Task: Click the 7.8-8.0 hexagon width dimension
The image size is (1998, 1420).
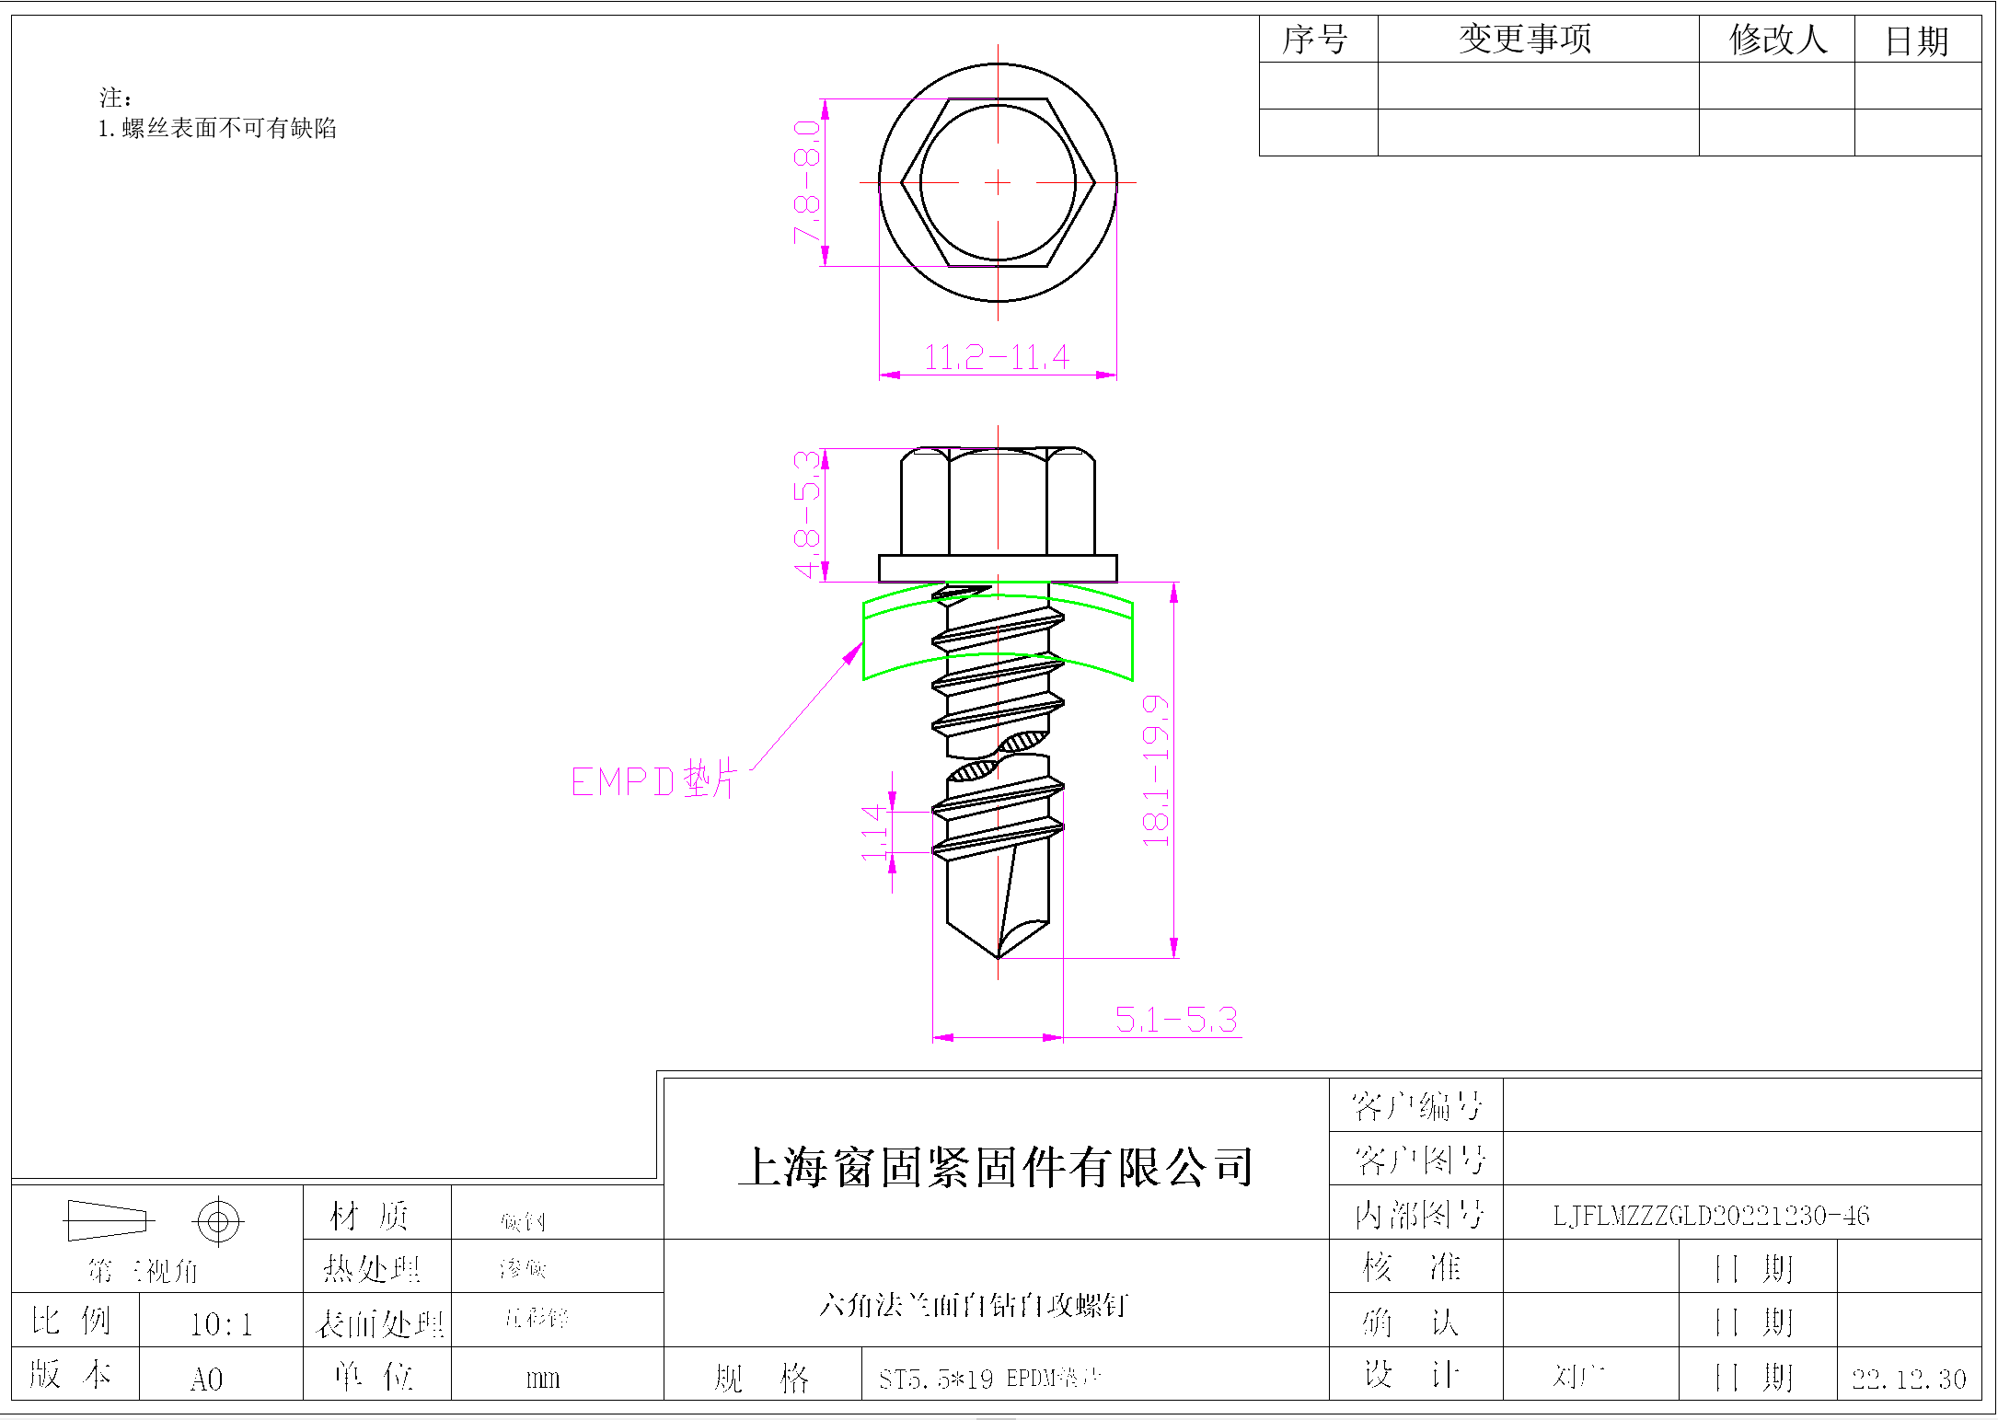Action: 807,181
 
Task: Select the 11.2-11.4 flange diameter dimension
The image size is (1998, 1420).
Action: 996,357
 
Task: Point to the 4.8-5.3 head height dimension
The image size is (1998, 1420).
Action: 807,514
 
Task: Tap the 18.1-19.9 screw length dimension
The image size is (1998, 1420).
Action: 1155,770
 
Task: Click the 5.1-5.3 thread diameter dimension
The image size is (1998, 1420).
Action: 1175,1020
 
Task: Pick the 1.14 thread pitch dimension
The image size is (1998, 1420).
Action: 873,832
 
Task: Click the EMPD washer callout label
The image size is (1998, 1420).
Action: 653,781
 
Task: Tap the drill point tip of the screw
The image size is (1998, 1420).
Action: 998,955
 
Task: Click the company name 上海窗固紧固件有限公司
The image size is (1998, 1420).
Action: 996,1167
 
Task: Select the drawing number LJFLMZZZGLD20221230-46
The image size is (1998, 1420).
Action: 1711,1216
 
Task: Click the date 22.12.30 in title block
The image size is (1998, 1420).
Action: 1909,1379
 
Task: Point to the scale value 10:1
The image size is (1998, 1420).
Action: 221,1324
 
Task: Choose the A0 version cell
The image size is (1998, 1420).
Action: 207,1379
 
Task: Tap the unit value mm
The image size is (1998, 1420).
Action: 543,1379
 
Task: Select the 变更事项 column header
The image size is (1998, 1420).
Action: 1525,40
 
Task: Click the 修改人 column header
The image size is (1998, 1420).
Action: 1777,40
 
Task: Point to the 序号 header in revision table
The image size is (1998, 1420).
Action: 1315,40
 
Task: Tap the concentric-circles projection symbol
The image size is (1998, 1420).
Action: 218,1222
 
